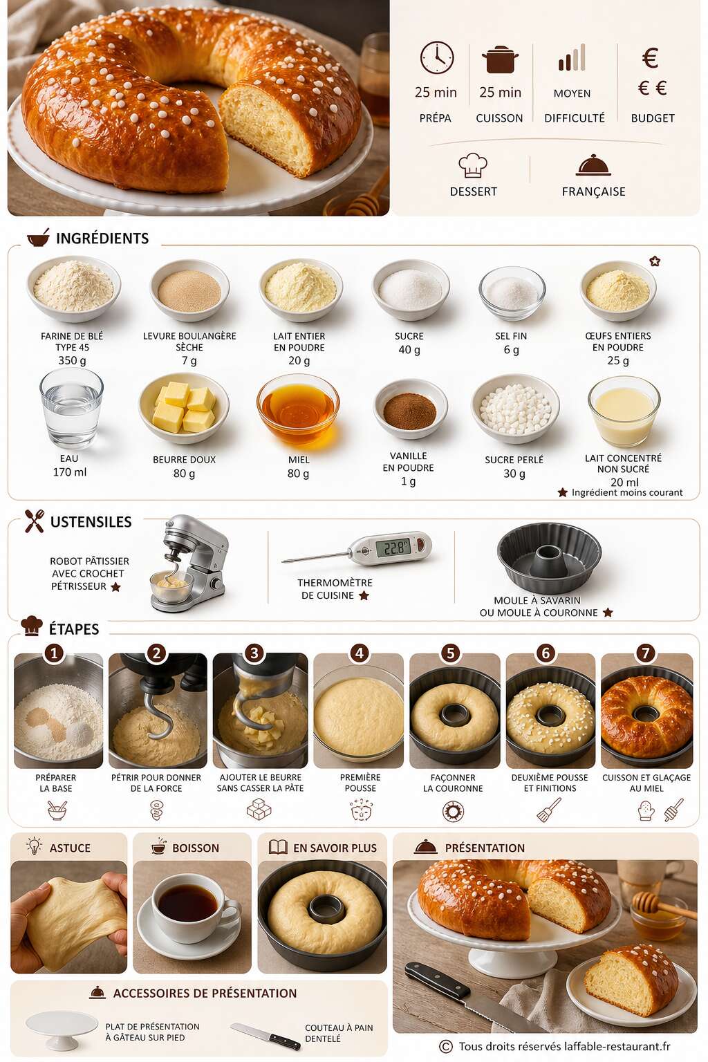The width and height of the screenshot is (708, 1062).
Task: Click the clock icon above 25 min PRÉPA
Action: [x=437, y=58]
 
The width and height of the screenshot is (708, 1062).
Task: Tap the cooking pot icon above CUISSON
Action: [x=500, y=59]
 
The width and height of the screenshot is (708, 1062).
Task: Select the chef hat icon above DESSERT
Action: [x=473, y=165]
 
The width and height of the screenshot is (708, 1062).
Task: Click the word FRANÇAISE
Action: [x=593, y=192]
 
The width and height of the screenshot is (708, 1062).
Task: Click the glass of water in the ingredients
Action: [x=72, y=409]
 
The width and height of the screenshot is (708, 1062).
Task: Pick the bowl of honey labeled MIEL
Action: [x=298, y=409]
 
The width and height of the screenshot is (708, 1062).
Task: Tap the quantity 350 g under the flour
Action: [x=72, y=360]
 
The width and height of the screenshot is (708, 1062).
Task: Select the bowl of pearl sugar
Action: [x=515, y=408]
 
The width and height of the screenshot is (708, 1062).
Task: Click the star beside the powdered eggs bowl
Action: [x=655, y=261]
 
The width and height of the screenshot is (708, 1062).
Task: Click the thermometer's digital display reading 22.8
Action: [x=393, y=548]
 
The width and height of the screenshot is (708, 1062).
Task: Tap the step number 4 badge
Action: [x=359, y=653]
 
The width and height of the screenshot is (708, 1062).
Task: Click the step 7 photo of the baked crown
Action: [x=647, y=711]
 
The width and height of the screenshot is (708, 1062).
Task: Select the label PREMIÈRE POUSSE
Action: [x=360, y=783]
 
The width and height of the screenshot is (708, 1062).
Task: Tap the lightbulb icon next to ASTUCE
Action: [x=34, y=846]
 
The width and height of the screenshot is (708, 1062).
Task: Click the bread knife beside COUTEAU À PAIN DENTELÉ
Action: [x=265, y=1035]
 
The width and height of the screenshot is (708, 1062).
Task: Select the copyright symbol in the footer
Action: [x=445, y=1046]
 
